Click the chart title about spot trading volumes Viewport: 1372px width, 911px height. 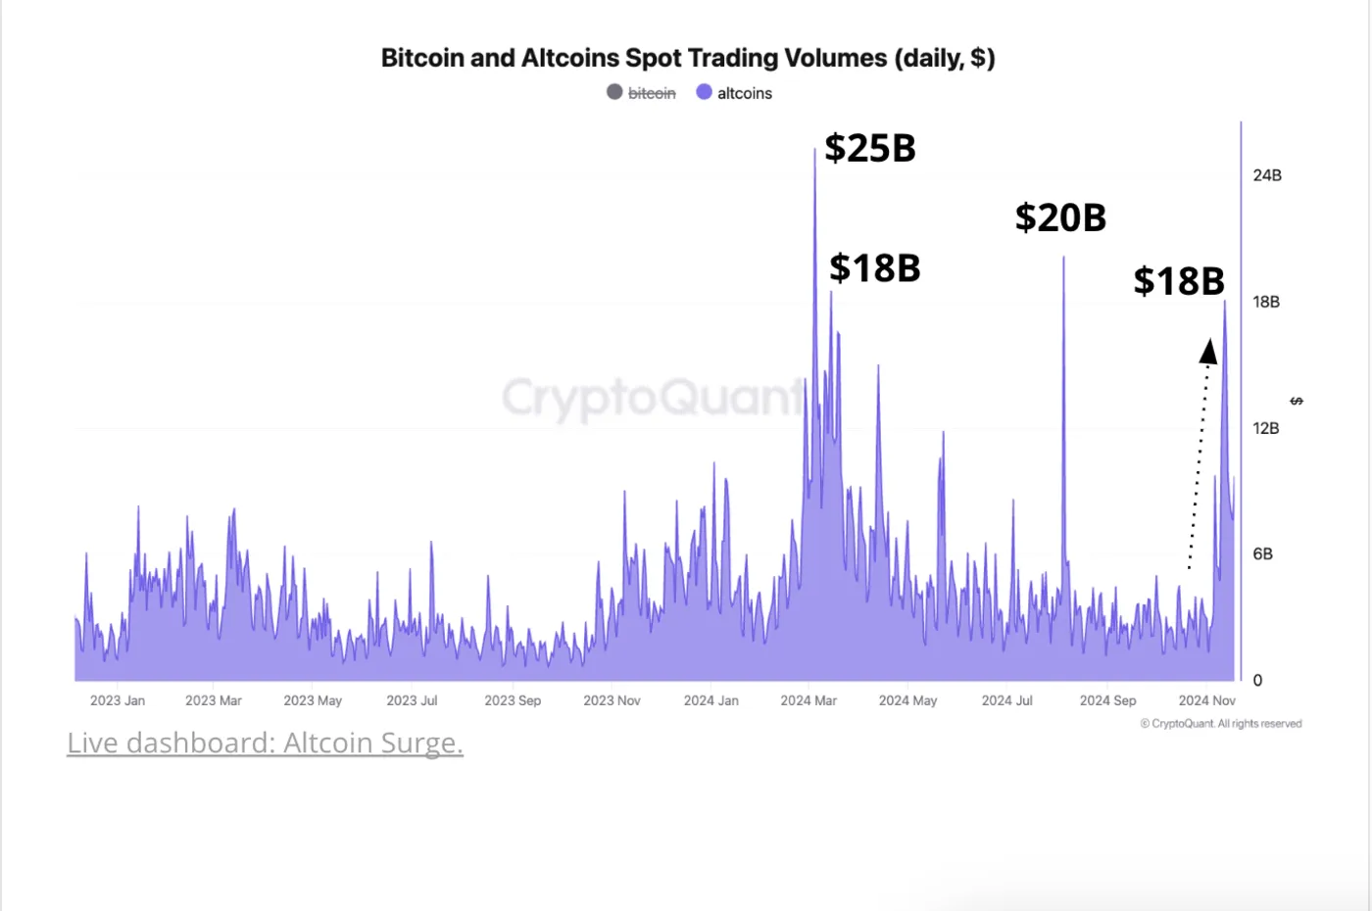[x=687, y=58]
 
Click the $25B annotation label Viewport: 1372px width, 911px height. [x=869, y=148]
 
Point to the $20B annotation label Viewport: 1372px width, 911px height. [x=1060, y=217]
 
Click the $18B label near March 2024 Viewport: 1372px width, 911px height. [x=874, y=267]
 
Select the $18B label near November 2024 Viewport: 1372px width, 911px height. [x=1179, y=281]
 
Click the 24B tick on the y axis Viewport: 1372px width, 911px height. [x=1266, y=175]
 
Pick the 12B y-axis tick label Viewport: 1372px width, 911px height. [x=1265, y=428]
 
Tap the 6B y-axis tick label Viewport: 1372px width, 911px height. [x=1262, y=554]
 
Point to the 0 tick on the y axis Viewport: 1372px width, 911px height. [x=1257, y=681]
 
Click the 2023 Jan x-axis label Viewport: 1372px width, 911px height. [x=118, y=700]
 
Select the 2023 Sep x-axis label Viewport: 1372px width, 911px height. [x=513, y=700]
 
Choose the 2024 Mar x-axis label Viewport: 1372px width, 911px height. [x=808, y=700]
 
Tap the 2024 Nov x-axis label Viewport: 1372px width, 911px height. [x=1206, y=700]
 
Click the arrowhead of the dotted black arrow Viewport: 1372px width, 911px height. [x=1209, y=351]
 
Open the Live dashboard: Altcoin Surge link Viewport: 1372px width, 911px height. [x=265, y=743]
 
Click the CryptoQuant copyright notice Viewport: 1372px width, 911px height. [x=1221, y=724]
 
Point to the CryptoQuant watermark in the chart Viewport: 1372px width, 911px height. [x=652, y=398]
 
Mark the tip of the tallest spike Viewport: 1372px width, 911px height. [x=814, y=150]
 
